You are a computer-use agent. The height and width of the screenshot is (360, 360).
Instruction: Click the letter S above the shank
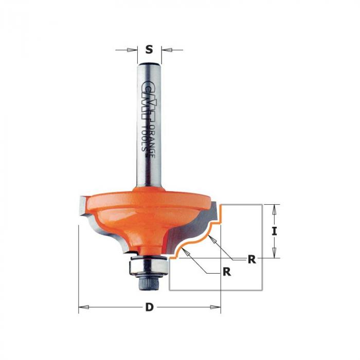click(x=149, y=49)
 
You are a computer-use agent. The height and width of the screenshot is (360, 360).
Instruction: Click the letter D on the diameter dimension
click(x=149, y=307)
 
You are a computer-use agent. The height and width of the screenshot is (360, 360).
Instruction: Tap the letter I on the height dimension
click(x=274, y=231)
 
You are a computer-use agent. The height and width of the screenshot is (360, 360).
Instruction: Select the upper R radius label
click(x=252, y=259)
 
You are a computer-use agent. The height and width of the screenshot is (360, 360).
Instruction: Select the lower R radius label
click(x=227, y=272)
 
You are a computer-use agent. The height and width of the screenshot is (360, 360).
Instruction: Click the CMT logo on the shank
click(x=147, y=100)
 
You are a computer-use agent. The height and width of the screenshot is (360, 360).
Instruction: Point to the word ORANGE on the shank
click(x=152, y=141)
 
